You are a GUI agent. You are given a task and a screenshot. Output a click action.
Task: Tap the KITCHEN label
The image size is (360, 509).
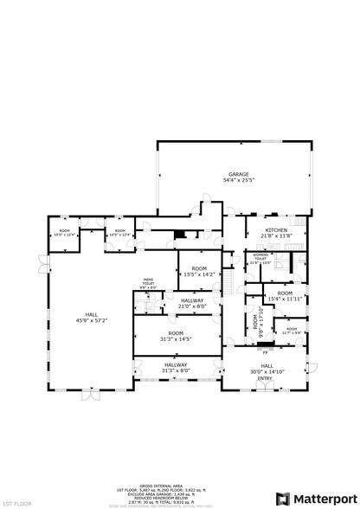click(x=278, y=230)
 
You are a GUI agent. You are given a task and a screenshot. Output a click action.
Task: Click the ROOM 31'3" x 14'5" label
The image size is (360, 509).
click(x=176, y=333)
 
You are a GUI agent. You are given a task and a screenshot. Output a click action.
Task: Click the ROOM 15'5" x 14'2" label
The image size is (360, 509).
click(x=198, y=268)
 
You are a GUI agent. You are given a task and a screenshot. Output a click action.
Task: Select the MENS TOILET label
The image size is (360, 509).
click(x=147, y=281)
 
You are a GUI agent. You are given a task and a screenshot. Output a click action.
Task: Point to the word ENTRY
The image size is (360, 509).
click(x=264, y=377)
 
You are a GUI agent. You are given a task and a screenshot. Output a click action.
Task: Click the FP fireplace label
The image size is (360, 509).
click(x=264, y=352)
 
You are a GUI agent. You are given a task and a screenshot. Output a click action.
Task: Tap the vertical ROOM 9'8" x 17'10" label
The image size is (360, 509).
click(x=256, y=324)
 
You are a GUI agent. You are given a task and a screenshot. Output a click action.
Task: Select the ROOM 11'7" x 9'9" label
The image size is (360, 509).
click(x=292, y=330)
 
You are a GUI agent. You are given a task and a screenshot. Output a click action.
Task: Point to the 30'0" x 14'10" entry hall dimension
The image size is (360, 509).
click(x=264, y=371)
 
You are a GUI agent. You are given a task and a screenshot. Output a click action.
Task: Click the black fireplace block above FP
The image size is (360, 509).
click(x=263, y=345)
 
